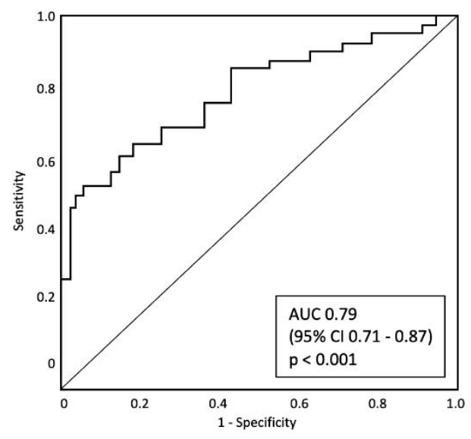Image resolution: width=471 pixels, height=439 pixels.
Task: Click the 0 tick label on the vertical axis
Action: tap(52, 362)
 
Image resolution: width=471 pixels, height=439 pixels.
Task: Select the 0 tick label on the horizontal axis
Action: tap(63, 400)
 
